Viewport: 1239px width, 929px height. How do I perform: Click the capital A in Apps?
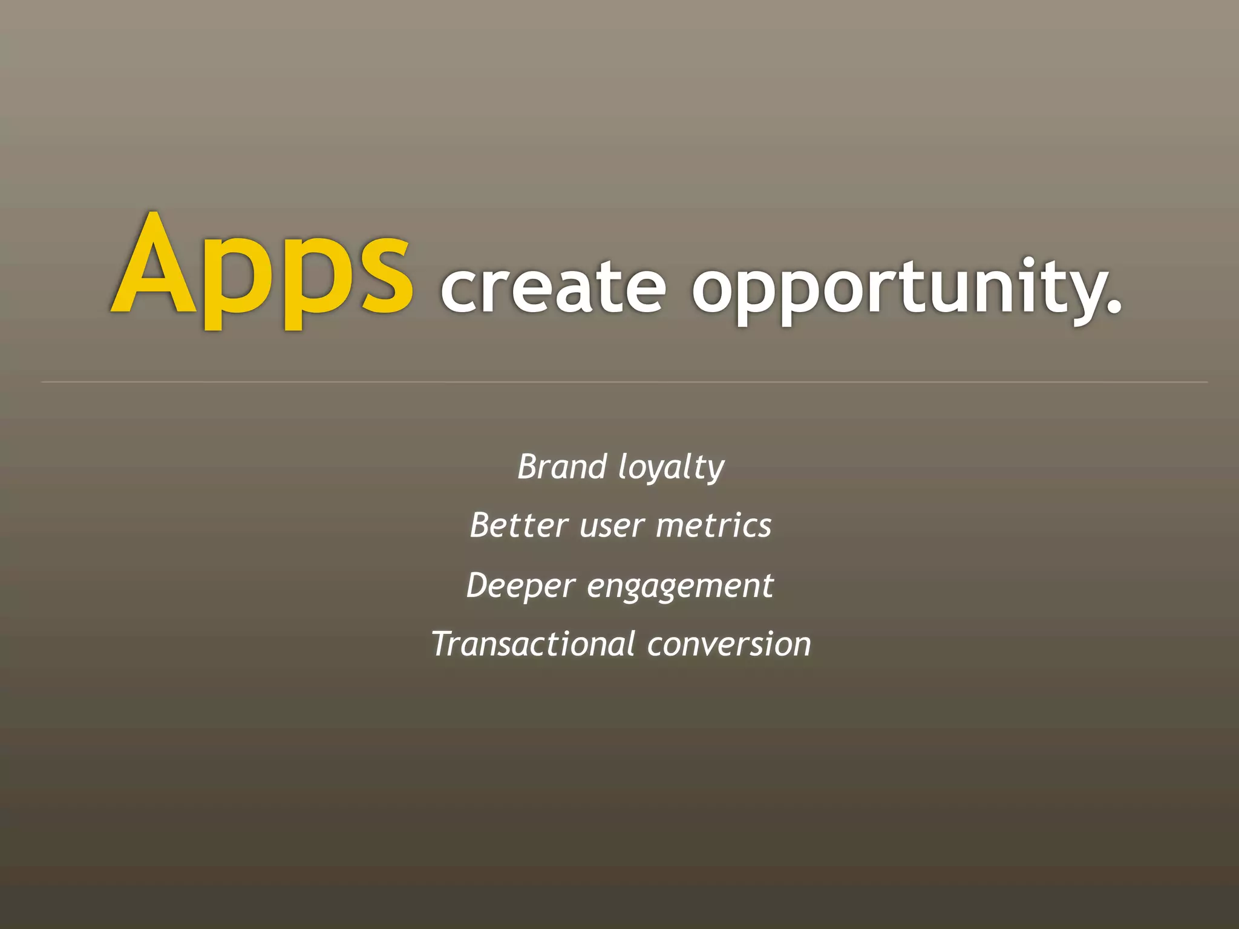pyautogui.click(x=155, y=266)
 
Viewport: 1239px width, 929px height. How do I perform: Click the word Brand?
pyautogui.click(x=562, y=467)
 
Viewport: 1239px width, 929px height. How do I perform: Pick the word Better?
pyautogui.click(x=518, y=525)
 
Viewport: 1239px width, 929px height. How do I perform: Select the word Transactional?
pyautogui.click(x=533, y=644)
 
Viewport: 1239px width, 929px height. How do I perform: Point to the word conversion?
pyautogui.click(x=728, y=644)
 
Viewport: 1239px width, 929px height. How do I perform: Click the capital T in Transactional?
pyautogui.click(x=443, y=644)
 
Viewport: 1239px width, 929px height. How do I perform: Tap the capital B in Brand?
pyautogui.click(x=528, y=467)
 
